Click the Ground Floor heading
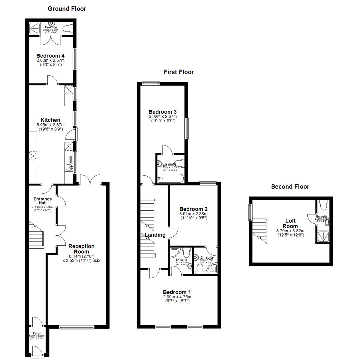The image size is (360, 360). (67, 9)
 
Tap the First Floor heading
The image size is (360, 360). (179, 72)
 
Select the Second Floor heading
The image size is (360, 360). (290, 187)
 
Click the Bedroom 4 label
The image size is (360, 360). (50, 56)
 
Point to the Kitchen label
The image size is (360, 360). (50, 120)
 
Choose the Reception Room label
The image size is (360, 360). (82, 249)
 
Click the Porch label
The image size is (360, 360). (37, 333)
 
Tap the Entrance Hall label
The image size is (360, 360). (42, 201)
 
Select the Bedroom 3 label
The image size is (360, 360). (163, 112)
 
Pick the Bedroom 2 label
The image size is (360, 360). (193, 209)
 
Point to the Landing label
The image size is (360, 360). (155, 235)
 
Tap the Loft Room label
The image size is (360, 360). (291, 223)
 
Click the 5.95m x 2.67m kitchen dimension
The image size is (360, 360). (50, 125)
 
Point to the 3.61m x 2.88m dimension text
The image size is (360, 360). (193, 214)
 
